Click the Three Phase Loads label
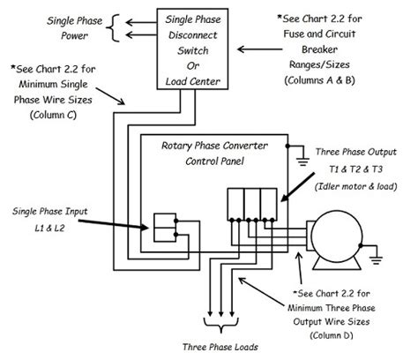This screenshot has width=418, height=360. point(211,348)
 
